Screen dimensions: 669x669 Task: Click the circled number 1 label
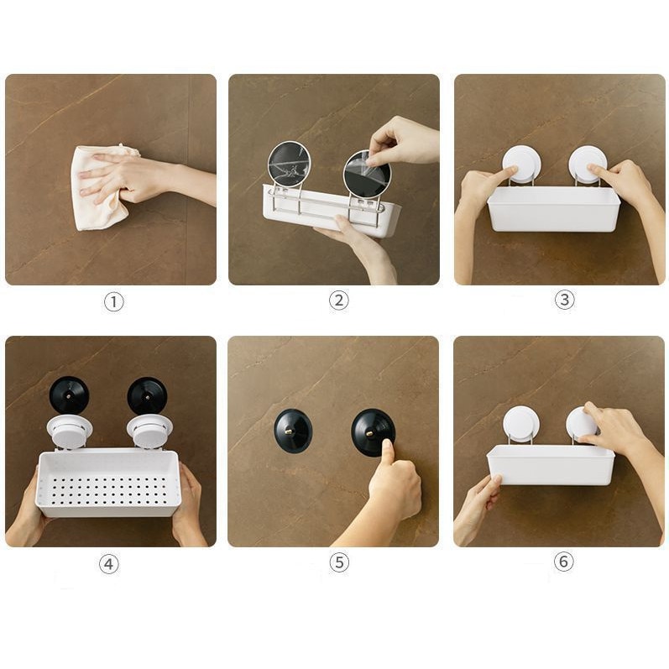click(x=113, y=302)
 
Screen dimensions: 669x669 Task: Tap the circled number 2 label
click(x=339, y=301)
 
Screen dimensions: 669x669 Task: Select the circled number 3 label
click(x=564, y=300)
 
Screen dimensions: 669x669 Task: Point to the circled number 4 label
click(x=109, y=564)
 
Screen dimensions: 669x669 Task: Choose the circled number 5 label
click(x=339, y=562)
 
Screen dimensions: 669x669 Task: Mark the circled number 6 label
click(x=563, y=561)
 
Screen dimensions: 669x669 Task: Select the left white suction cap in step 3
click(x=521, y=165)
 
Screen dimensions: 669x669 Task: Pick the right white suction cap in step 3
click(x=588, y=164)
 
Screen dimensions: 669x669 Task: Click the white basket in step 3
click(x=554, y=209)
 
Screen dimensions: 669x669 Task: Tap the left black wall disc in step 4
click(x=69, y=395)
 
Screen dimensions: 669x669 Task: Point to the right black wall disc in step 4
click(x=147, y=395)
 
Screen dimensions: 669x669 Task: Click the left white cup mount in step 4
click(x=69, y=431)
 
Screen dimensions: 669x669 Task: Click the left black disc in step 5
click(x=293, y=431)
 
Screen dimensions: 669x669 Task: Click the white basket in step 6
click(x=551, y=465)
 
